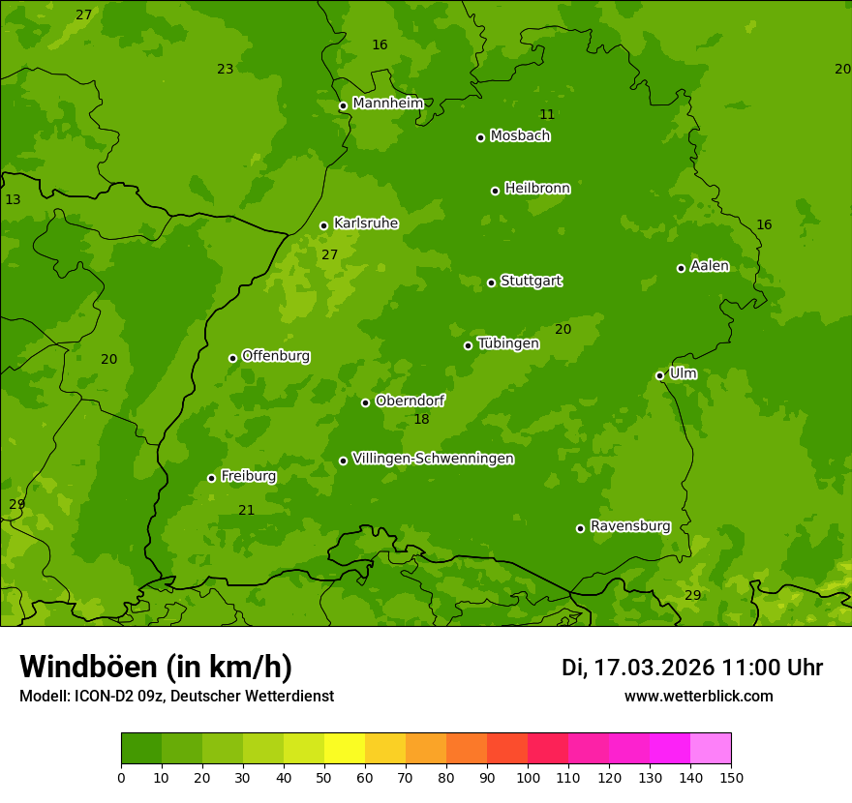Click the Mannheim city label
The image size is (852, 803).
(x=388, y=104)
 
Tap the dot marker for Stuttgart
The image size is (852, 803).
(x=492, y=283)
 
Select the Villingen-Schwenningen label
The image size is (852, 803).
(x=433, y=459)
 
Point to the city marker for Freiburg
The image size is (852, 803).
(x=211, y=478)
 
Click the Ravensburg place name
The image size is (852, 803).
(x=630, y=526)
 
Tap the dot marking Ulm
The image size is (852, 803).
(x=660, y=375)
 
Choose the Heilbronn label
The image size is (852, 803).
(x=537, y=189)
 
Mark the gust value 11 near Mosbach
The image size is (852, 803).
(x=547, y=115)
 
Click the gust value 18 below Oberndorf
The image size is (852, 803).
(x=421, y=420)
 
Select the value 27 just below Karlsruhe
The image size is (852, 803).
(x=330, y=255)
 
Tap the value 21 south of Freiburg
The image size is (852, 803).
(x=247, y=511)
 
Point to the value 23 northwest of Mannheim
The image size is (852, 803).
(x=226, y=70)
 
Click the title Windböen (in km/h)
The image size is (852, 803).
(x=156, y=667)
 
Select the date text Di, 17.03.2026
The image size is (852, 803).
(x=638, y=668)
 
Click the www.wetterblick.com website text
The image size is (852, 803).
(x=698, y=697)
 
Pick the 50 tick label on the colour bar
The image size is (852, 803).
(x=324, y=777)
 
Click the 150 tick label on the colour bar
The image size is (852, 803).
(x=731, y=777)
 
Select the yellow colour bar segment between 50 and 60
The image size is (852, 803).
(x=345, y=749)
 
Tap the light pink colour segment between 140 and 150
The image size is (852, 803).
(x=711, y=749)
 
